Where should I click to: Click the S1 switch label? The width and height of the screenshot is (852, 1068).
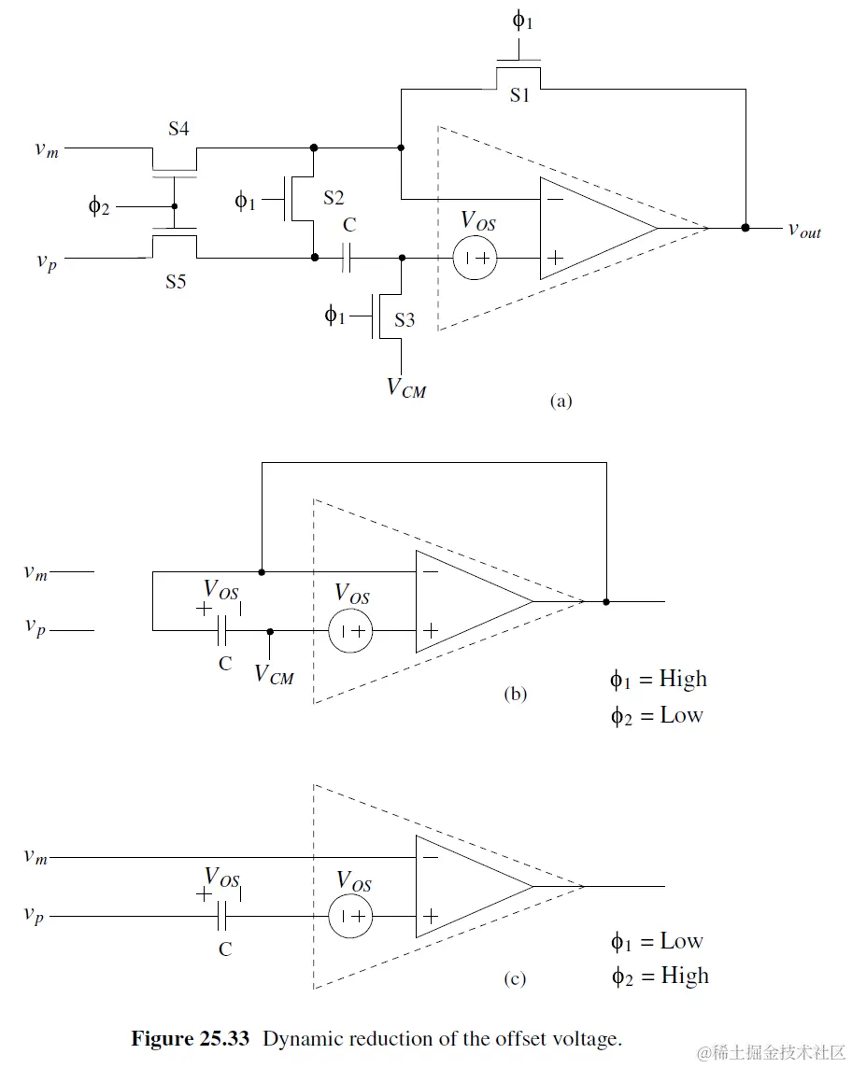tap(519, 95)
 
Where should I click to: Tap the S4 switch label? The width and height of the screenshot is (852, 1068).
tap(178, 129)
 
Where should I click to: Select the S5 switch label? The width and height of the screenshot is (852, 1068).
tap(176, 281)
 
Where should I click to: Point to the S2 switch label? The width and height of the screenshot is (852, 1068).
tap(334, 198)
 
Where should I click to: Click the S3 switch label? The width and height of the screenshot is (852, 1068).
tap(405, 319)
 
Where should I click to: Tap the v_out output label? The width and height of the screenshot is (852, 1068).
tap(804, 231)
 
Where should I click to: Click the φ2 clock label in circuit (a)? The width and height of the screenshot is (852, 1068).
tap(99, 205)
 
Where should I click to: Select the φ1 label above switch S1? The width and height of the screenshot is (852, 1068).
tap(523, 21)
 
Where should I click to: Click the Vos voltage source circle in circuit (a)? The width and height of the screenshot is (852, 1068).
tap(476, 259)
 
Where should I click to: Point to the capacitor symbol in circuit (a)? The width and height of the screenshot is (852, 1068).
tap(347, 259)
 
